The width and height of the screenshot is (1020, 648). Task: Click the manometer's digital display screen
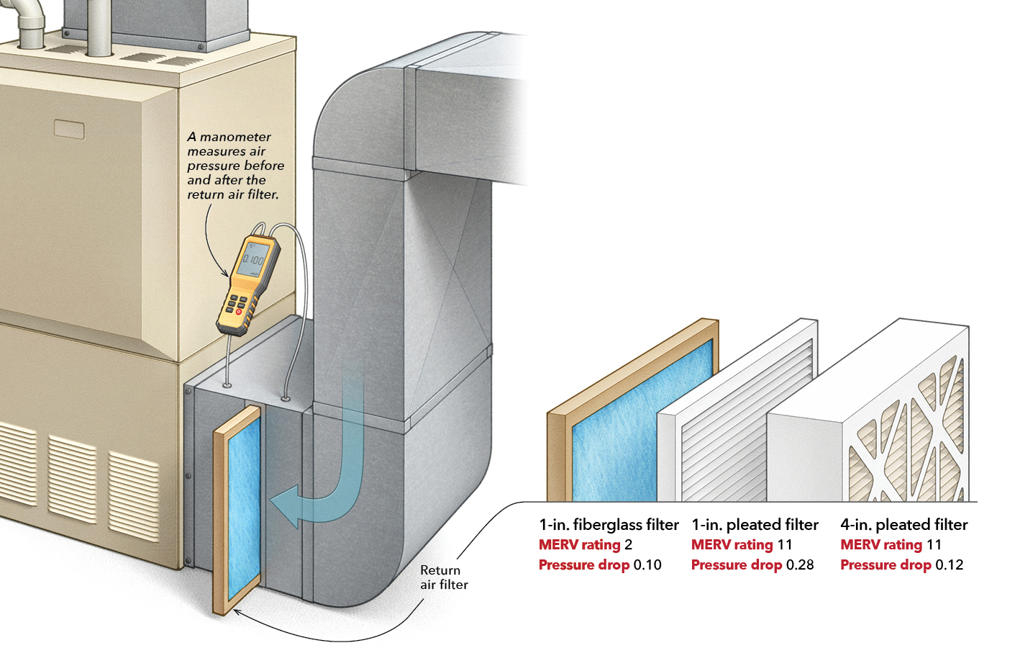coord(252,258)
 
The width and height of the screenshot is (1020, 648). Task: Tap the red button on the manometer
coord(239,312)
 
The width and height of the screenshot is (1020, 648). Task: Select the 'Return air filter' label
coord(444,577)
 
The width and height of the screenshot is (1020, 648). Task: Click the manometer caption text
coord(235,166)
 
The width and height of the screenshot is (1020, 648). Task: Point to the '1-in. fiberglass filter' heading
coord(609,525)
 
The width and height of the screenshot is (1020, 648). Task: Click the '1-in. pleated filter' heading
coord(755,525)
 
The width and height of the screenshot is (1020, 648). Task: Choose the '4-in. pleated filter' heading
coord(903,525)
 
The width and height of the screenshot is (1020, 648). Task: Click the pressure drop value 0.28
coord(800,565)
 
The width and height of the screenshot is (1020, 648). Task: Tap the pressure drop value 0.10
coord(647,565)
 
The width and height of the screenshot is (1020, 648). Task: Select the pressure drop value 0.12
coord(949,565)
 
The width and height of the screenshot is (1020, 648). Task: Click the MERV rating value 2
coord(628,545)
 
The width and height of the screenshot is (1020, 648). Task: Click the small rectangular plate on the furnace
coord(69,130)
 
